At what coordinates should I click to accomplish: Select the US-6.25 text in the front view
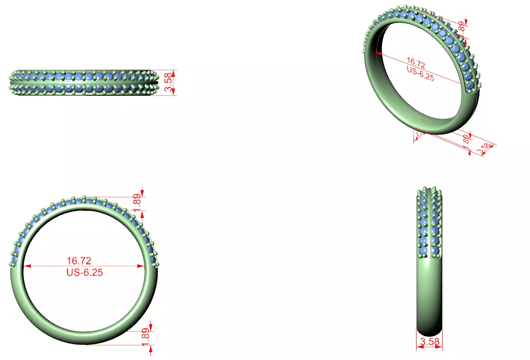[x=84, y=273]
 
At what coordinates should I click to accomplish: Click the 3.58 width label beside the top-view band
[x=168, y=82]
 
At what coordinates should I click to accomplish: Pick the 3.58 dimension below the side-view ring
[x=429, y=341]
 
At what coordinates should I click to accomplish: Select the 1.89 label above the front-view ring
[x=137, y=201]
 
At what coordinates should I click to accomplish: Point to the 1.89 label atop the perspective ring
[x=461, y=27]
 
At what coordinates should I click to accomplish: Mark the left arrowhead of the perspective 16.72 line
[x=378, y=52]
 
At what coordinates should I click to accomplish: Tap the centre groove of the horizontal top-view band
[x=84, y=82]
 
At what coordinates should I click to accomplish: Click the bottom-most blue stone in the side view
[x=425, y=251]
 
